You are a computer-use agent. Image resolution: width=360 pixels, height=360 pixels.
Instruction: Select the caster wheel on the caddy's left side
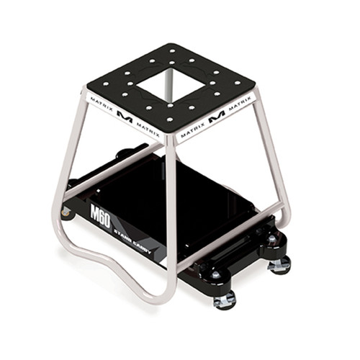(67, 212)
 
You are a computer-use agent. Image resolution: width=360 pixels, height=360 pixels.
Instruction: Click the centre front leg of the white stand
(170, 216)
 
